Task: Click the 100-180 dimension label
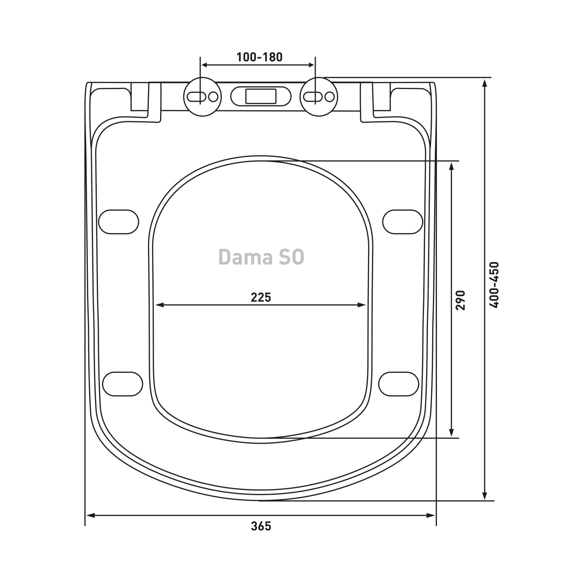[259, 57]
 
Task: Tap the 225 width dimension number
[261, 297]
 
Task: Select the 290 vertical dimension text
[460, 300]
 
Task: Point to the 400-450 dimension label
[494, 285]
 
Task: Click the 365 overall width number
[261, 526]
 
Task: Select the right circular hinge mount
[319, 96]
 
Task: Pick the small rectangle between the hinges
[261, 96]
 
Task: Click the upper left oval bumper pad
[119, 222]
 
